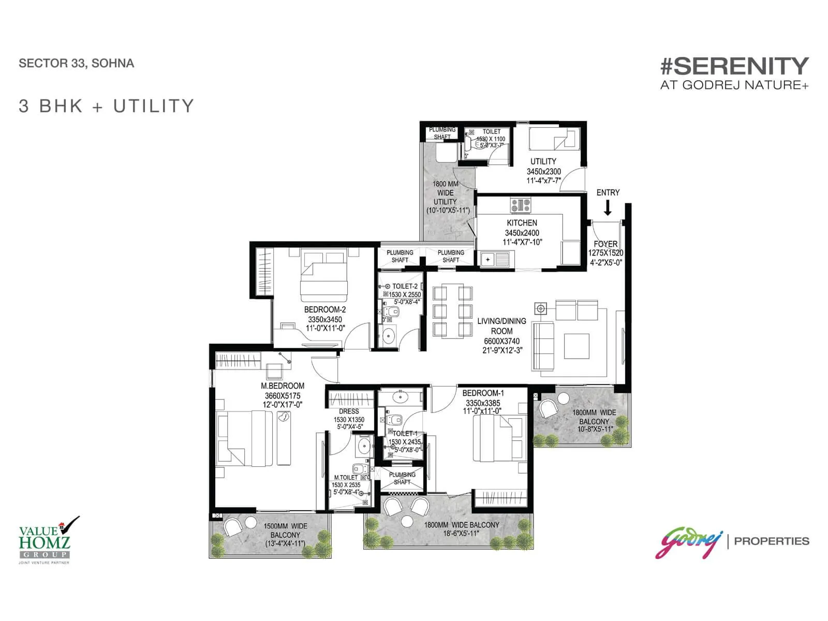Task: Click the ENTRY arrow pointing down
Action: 608,208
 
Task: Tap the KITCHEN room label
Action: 522,223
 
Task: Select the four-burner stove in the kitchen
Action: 521,205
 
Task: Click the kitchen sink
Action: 496,259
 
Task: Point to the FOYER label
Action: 605,244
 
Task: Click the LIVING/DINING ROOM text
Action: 501,326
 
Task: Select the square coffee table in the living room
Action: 576,346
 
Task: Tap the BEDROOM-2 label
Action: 325,309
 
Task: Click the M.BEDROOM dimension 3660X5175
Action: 283,396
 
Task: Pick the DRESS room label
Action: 349,411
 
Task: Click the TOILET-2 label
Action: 405,286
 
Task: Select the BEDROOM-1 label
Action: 483,393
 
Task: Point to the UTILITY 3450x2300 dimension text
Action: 544,171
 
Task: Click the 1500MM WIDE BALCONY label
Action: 285,530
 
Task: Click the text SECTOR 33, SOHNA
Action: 76,63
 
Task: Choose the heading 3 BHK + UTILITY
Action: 106,106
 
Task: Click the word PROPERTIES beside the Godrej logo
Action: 772,541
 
